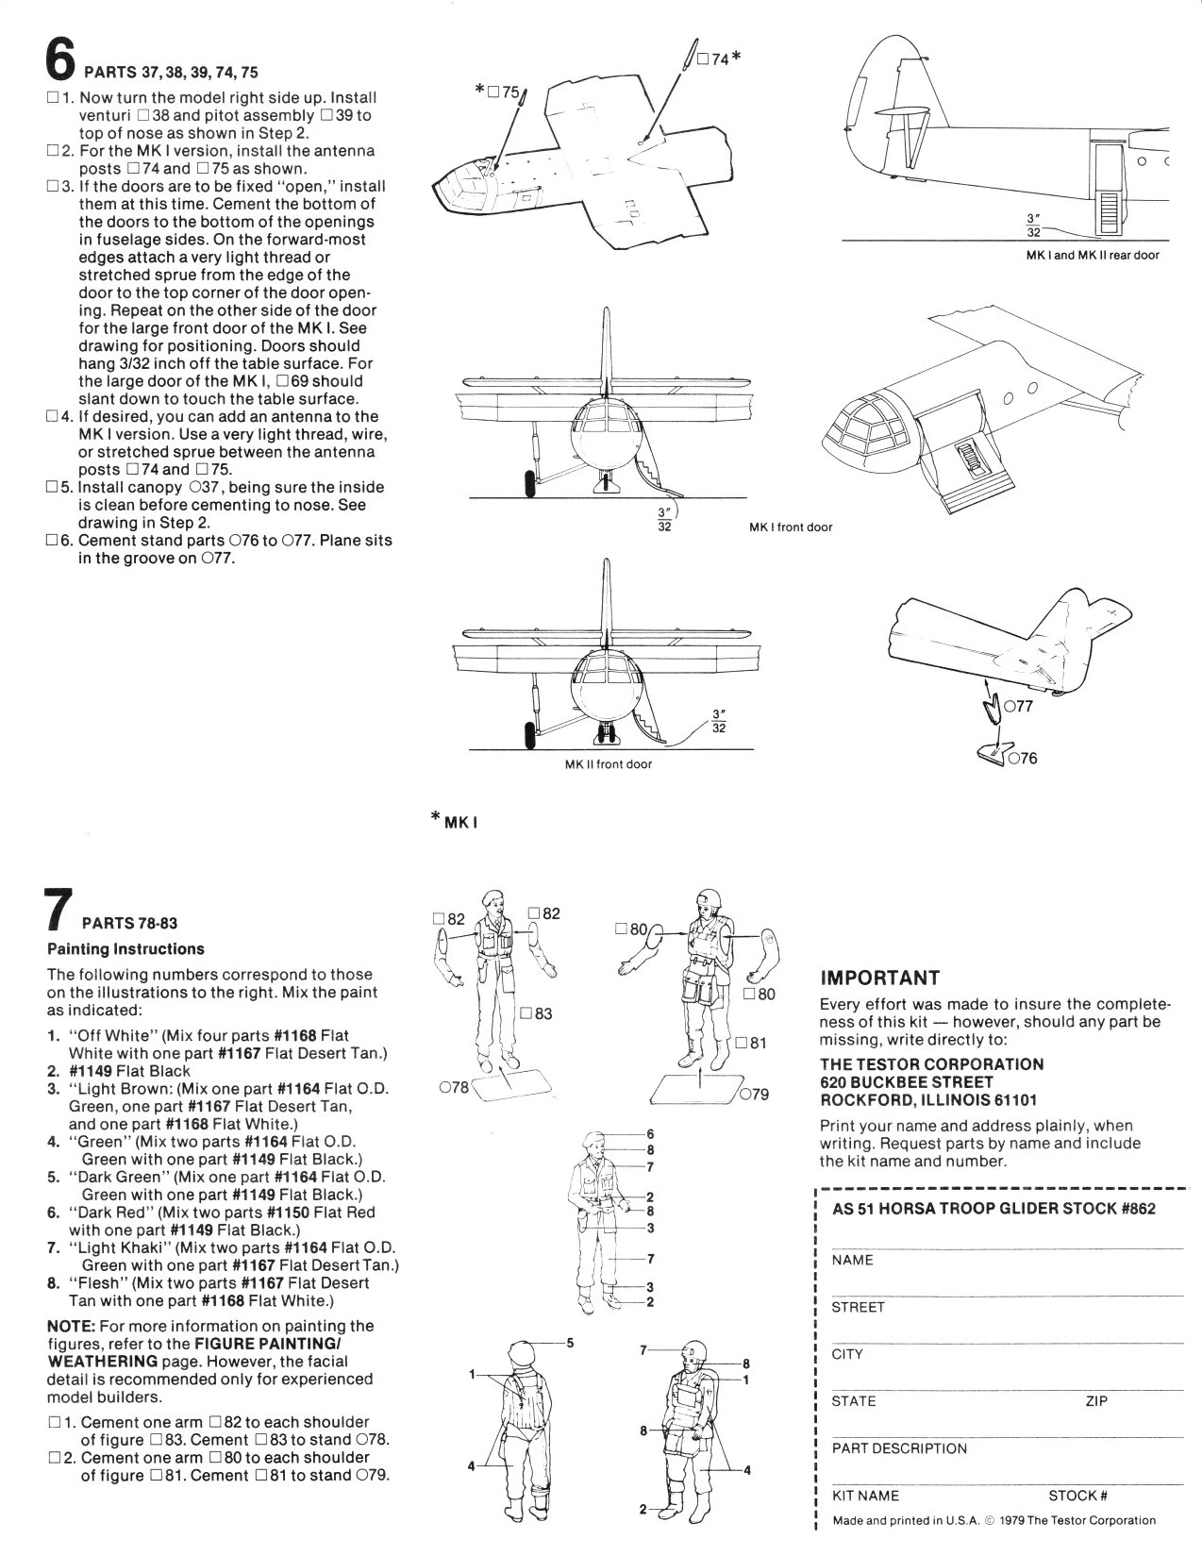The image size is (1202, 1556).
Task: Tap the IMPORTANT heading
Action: [879, 978]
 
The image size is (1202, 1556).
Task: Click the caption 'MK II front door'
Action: [608, 764]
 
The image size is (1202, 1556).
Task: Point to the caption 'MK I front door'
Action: [791, 527]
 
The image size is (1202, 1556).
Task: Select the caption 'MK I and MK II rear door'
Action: [1093, 256]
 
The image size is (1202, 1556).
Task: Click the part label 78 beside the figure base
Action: [454, 1088]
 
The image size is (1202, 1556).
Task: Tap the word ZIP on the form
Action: [1096, 1401]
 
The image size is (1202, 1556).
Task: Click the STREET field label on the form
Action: [858, 1307]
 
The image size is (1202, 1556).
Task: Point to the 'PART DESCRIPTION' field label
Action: [899, 1448]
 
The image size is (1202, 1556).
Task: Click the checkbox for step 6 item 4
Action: [53, 417]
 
